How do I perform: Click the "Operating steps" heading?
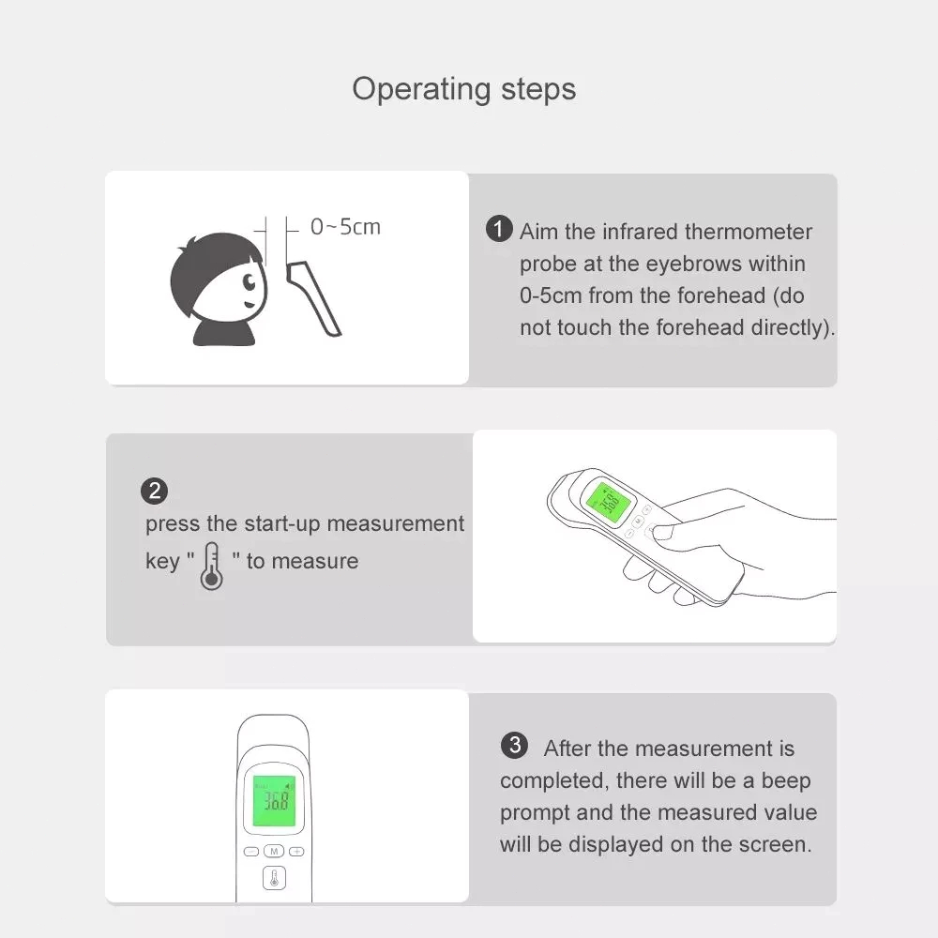[463, 90]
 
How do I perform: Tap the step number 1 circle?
[499, 229]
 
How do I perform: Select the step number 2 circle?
[154, 491]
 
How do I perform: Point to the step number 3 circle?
[514, 746]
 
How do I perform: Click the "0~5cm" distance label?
[345, 227]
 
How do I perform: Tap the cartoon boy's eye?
[250, 281]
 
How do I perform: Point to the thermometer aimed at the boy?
[313, 298]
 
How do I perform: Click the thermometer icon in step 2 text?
[212, 566]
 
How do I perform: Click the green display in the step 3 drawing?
[275, 801]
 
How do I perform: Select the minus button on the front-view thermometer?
[251, 852]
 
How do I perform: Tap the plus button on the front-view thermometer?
[296, 852]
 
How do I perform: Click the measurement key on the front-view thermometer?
[274, 878]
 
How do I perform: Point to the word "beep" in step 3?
[786, 781]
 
